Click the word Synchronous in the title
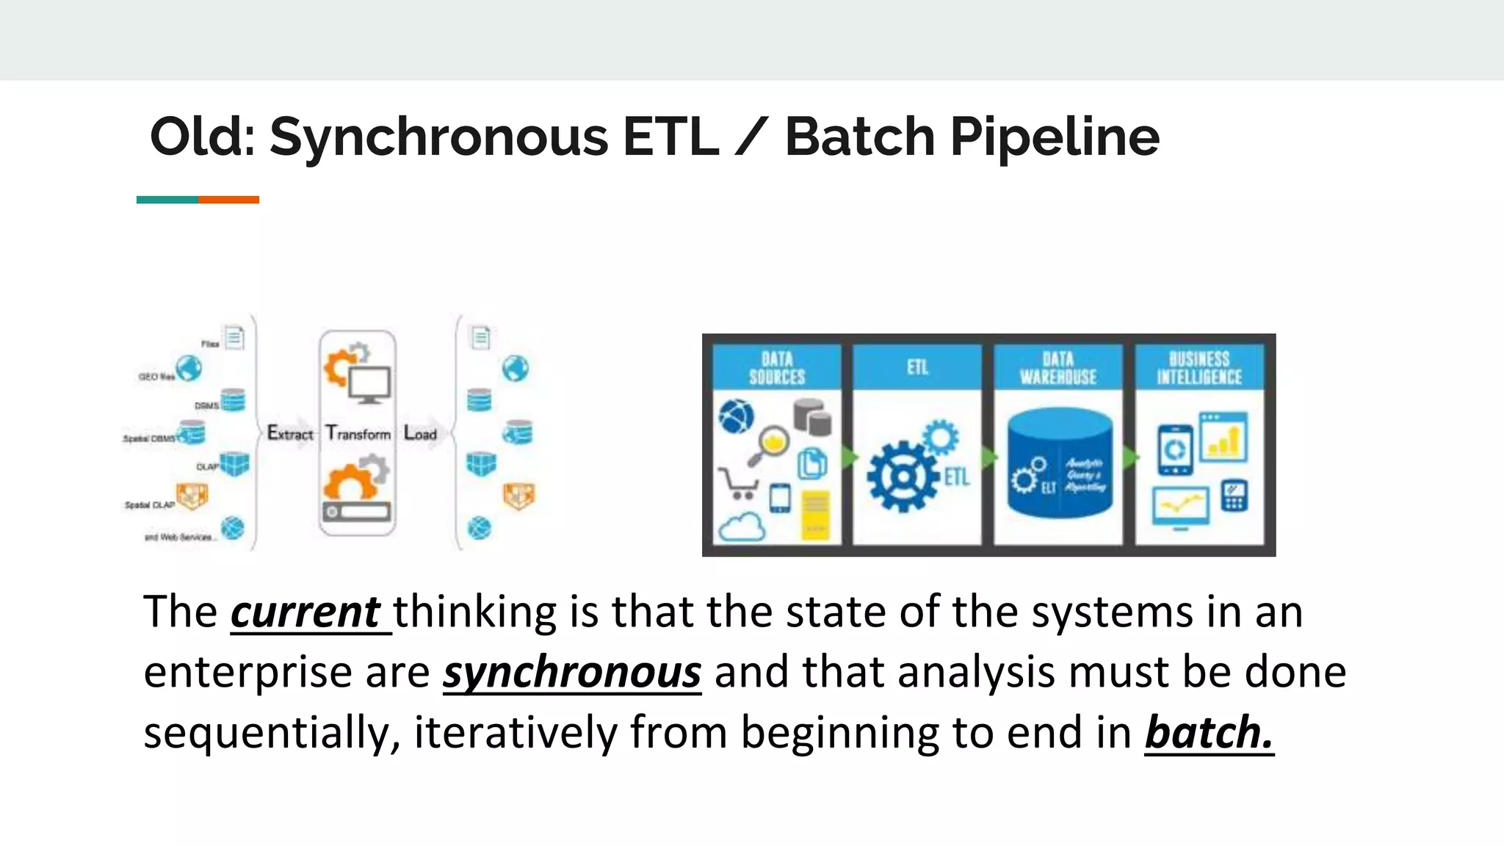[x=438, y=137]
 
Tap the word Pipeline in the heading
[x=1055, y=137]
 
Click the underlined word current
[x=305, y=612]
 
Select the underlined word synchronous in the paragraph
[x=572, y=672]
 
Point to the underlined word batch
[x=1209, y=732]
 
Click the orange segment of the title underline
[x=228, y=200]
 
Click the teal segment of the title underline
[x=167, y=200]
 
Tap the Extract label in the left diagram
[x=290, y=433]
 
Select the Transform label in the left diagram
[x=358, y=433]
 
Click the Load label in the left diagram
[x=421, y=434]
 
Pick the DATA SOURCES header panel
[x=777, y=368]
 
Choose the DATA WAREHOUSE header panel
[x=1058, y=368]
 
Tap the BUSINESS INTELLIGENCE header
[x=1199, y=368]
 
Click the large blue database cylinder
[x=1060, y=463]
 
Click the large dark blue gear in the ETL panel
[x=903, y=477]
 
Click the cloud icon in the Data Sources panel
[x=742, y=527]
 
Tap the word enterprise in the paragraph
[x=247, y=672]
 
